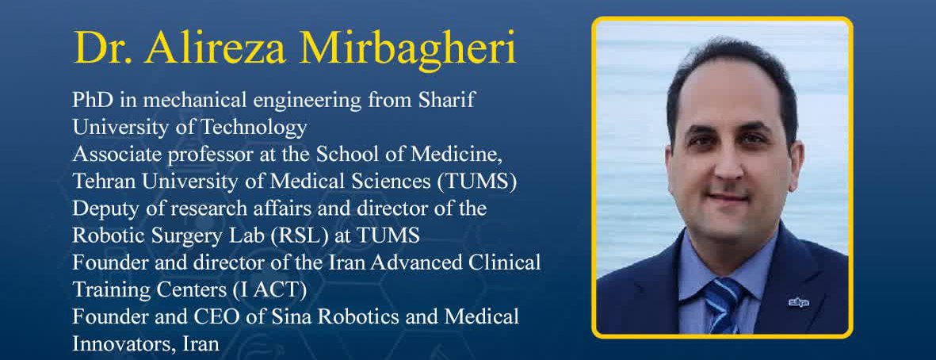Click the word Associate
pyautogui.click(x=108, y=154)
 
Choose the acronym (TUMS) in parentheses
pyautogui.click(x=477, y=182)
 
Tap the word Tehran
pyautogui.click(x=104, y=182)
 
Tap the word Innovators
pyautogui.click(x=117, y=344)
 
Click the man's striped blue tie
pyautogui.click(x=724, y=304)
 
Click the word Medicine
pyautogui.click(x=463, y=154)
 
